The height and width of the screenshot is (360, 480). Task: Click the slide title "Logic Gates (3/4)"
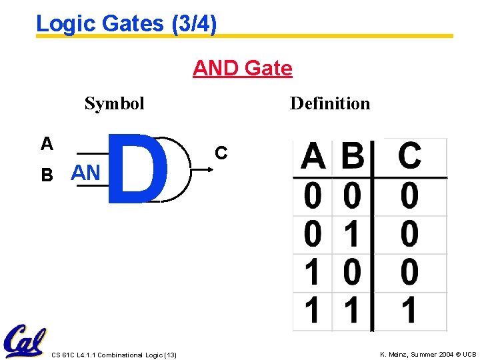click(x=126, y=24)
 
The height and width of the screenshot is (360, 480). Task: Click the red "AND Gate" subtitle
click(x=242, y=68)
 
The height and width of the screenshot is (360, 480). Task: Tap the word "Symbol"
click(x=114, y=103)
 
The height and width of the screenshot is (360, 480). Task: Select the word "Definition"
click(x=329, y=103)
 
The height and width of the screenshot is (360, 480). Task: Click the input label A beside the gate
click(x=47, y=143)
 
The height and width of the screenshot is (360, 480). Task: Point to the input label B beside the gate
click(x=47, y=175)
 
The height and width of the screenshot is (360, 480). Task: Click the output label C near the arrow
click(x=221, y=153)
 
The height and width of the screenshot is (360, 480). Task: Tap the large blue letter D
click(x=137, y=167)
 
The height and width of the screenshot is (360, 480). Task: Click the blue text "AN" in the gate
click(x=85, y=173)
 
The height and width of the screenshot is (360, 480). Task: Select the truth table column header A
click(x=313, y=157)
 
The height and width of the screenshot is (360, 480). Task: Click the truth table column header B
click(x=353, y=157)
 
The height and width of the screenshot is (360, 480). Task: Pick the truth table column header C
click(x=409, y=157)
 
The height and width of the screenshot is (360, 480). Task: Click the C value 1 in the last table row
click(x=409, y=311)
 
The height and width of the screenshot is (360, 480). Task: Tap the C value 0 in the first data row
click(x=409, y=197)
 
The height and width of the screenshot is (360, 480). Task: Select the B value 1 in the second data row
click(x=353, y=235)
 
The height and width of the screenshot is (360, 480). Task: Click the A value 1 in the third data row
click(x=312, y=273)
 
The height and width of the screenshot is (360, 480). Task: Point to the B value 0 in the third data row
click(x=353, y=273)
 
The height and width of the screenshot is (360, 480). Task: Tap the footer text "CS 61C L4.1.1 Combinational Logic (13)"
click(x=114, y=355)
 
